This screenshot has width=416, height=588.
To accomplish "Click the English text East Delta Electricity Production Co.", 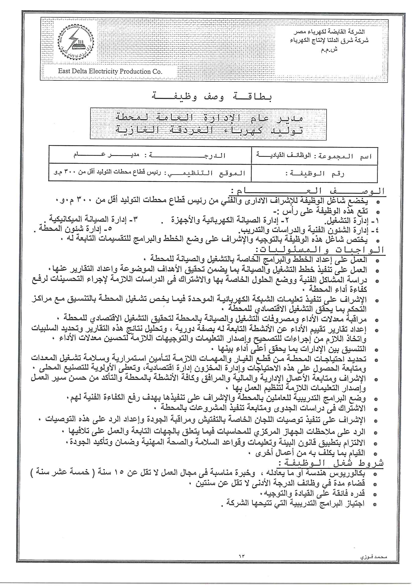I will pos(110,71).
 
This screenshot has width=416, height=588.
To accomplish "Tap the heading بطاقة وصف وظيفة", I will pos(212,97).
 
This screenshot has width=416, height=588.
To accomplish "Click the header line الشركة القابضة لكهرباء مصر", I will pos(329,32).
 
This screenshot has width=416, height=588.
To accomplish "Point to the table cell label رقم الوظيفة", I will pos(315,174).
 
